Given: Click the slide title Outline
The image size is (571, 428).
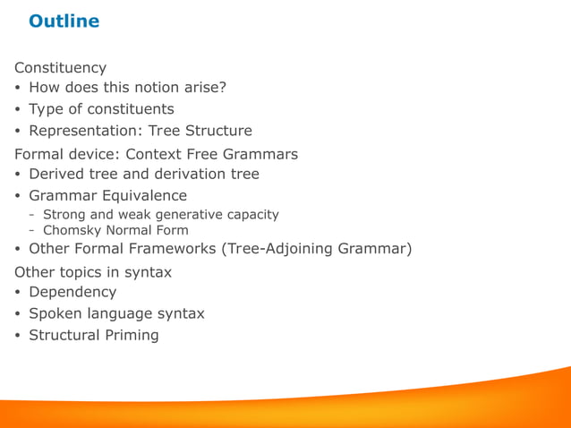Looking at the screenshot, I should coord(64,21).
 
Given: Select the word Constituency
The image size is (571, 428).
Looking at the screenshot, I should coord(60,68).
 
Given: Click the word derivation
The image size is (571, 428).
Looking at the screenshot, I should coord(186,174).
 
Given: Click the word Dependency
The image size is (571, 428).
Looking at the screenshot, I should coord(72,292).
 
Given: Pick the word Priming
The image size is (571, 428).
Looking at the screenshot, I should coord(130,335).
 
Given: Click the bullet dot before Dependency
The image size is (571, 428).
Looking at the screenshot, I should coord(18,293).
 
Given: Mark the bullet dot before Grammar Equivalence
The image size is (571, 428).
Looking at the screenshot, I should coord(18,196).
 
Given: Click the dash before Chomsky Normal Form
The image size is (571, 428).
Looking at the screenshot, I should coord(32,230).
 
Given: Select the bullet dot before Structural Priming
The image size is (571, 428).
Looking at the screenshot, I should coord(18,336).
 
